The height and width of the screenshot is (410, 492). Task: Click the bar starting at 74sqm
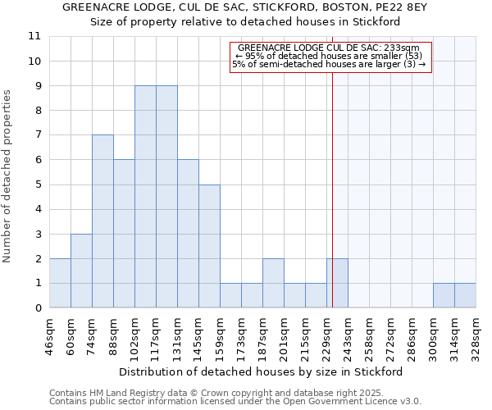[x=102, y=221]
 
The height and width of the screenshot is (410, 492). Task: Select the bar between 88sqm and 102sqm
[x=124, y=234]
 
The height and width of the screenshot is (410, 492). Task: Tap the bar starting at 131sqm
[x=188, y=234]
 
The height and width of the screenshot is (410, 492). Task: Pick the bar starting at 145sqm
[x=209, y=246]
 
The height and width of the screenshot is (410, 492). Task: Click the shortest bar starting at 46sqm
[x=60, y=283]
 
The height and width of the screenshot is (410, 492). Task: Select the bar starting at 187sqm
[x=273, y=283]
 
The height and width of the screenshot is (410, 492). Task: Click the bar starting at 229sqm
[x=337, y=283]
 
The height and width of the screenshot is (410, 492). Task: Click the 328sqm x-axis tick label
[x=476, y=335]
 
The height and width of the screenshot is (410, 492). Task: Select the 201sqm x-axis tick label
[x=285, y=335]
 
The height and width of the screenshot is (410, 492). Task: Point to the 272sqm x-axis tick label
[x=391, y=335]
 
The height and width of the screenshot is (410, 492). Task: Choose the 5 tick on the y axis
[x=37, y=184]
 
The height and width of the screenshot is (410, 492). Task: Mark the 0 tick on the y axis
[x=37, y=308]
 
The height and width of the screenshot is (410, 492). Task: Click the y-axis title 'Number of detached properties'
[x=7, y=176]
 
